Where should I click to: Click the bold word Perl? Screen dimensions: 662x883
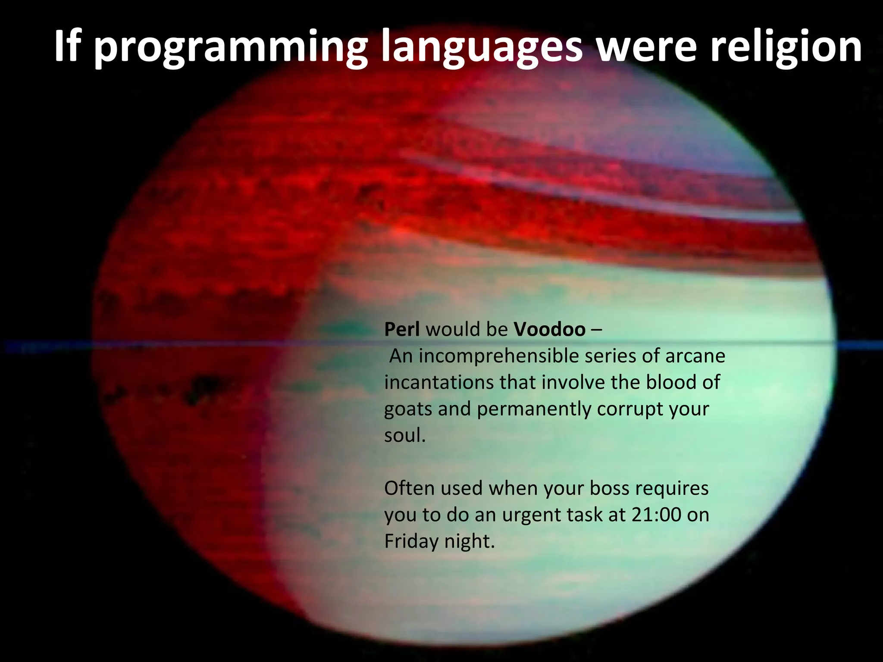pos(401,329)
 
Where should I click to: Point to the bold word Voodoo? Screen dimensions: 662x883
pos(550,329)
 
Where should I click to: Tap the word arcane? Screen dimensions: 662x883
pos(695,356)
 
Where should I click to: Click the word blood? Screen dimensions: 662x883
pos(670,382)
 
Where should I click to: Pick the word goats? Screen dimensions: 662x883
pos(408,409)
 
